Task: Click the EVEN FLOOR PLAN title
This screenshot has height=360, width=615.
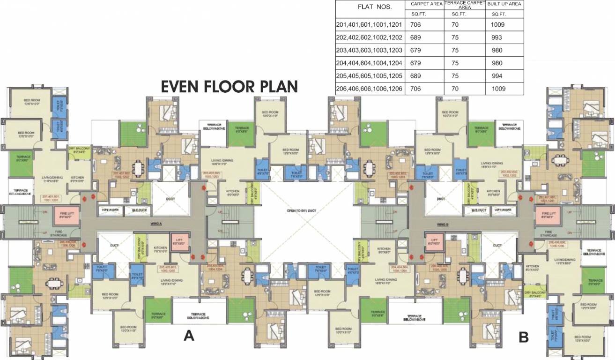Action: click(229, 87)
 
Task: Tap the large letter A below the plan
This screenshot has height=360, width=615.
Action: click(189, 336)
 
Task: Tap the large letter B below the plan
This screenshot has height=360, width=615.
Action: click(524, 337)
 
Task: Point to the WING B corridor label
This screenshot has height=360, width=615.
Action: click(443, 224)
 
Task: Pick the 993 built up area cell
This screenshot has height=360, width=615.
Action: click(498, 37)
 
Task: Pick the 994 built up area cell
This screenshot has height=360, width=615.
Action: click(498, 76)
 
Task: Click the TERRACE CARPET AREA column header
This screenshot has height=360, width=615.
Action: click(464, 5)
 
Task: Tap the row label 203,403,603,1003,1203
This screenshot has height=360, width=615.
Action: click(370, 50)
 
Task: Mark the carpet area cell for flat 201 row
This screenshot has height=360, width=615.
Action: click(416, 24)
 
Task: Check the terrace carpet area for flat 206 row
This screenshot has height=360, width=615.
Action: click(455, 89)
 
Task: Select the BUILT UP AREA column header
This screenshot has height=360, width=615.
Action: click(504, 4)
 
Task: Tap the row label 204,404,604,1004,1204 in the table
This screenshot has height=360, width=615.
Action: click(370, 63)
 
